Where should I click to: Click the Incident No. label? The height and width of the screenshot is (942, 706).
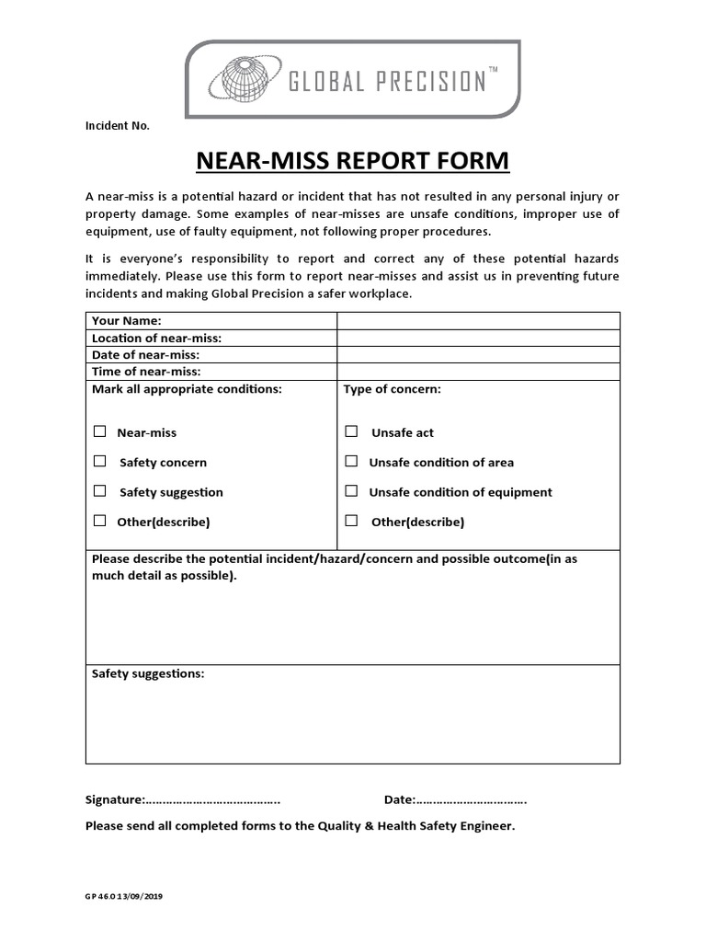118,126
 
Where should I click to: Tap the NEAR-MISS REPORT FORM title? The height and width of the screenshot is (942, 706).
353,161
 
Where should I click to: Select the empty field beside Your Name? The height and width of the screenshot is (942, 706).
478,320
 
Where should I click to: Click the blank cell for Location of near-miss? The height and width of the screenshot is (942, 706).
478,338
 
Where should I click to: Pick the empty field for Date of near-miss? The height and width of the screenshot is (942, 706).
478,354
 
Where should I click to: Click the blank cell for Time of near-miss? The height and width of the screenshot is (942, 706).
478,372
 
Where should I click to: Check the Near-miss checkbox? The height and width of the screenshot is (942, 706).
99,431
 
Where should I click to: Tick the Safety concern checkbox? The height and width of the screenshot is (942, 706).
99,461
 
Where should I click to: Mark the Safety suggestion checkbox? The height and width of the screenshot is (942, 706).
99,491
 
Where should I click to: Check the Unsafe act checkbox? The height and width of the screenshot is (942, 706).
351,431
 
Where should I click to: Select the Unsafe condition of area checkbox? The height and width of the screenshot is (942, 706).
351,461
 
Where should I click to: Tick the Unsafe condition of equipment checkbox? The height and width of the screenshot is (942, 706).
351,491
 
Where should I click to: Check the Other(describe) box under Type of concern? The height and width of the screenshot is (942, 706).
351,521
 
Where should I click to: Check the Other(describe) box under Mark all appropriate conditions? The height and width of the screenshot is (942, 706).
99,521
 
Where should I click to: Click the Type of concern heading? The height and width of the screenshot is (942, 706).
393,389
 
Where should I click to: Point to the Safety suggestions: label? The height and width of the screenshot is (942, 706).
148,673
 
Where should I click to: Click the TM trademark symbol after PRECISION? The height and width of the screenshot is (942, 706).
492,71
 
